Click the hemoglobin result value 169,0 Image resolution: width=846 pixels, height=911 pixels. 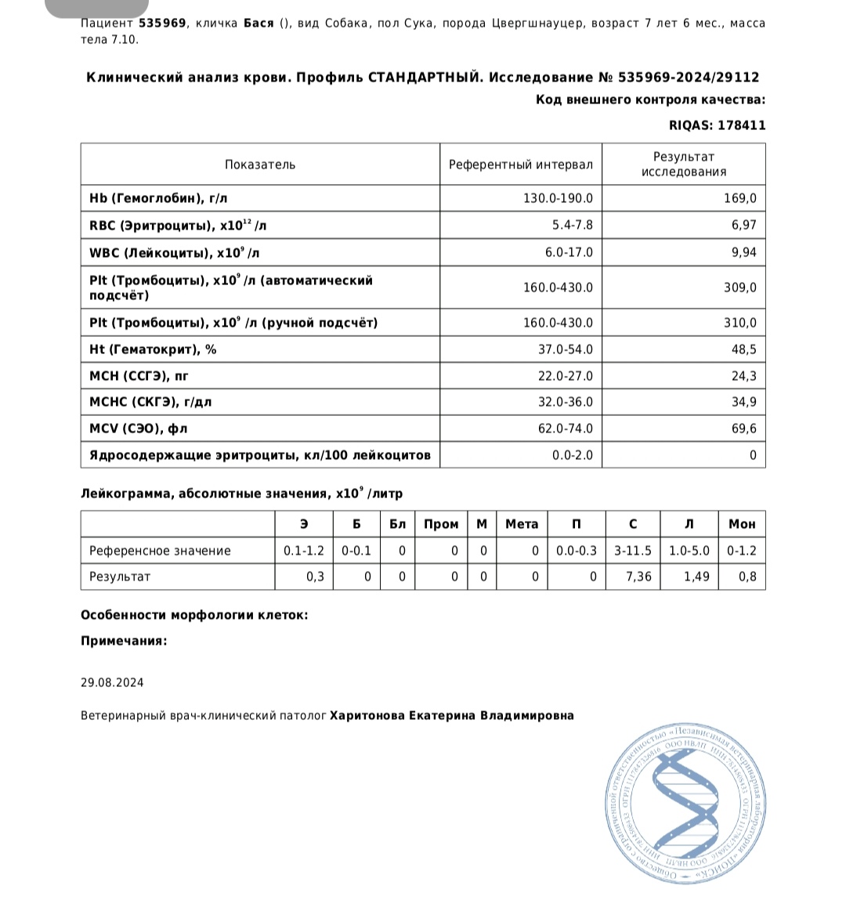739,199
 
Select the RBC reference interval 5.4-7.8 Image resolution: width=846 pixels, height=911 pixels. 572,226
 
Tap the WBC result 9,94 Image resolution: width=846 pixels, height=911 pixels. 742,252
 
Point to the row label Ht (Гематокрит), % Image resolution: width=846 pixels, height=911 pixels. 153,349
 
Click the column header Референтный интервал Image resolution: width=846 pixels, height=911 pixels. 520,165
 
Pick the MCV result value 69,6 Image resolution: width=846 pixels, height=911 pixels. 743,428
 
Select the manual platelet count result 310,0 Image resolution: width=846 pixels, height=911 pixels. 739,323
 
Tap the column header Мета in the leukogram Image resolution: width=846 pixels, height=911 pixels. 522,524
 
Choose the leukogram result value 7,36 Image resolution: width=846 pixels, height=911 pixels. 638,577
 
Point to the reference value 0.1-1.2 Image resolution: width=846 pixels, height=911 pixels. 303,551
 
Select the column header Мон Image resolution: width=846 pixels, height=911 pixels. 742,524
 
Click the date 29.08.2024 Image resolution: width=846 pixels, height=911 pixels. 112,682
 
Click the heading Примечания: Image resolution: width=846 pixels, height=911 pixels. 124,641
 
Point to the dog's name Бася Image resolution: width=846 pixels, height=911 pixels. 257,23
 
